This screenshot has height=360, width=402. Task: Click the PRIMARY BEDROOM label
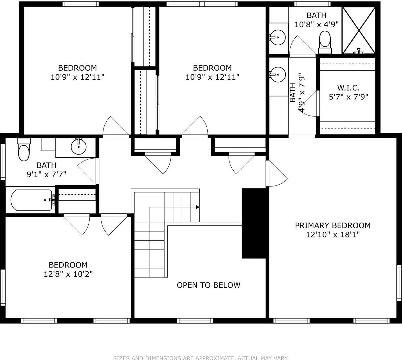tap(332, 225)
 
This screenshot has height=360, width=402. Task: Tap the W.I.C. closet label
tap(348, 88)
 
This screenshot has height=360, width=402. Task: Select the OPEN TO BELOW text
tap(208, 285)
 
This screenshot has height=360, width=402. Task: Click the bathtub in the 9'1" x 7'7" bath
tap(31, 200)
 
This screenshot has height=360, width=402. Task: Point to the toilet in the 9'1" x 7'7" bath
tap(23, 152)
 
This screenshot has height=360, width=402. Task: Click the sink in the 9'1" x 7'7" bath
tap(79, 147)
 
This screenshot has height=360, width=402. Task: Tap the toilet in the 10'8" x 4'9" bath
tap(325, 41)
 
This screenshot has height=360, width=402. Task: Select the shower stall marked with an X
tap(359, 30)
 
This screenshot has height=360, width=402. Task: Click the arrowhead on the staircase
tap(197, 207)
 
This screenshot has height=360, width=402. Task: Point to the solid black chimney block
tap(254, 223)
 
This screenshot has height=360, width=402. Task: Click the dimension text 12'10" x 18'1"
tap(333, 235)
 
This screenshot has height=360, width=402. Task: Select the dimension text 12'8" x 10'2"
tap(68, 274)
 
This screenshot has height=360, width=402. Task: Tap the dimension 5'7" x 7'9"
tap(348, 97)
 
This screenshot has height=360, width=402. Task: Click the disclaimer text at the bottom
tap(201, 358)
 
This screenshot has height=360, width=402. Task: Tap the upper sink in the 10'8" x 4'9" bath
tap(278, 37)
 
